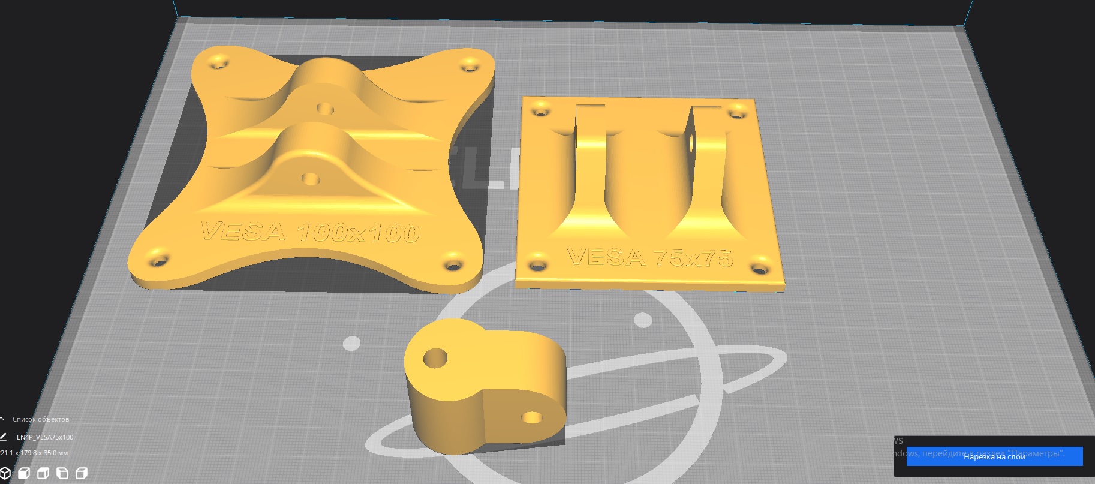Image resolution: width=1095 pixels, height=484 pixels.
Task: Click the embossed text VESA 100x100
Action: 309,232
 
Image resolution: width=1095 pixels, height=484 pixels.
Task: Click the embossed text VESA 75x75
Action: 649,257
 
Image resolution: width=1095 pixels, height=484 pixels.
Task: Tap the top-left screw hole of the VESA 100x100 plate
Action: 219,62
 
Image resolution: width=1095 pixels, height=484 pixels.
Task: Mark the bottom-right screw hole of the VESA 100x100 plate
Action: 452,264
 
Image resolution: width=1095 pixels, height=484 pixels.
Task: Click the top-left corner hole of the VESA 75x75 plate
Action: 541,110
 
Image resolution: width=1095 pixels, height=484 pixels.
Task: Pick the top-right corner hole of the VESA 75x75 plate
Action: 738,111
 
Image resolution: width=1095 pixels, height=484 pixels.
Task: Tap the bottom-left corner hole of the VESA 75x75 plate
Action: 537,263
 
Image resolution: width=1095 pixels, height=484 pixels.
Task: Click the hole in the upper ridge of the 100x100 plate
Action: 325,109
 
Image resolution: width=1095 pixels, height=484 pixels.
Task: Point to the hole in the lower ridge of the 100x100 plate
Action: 311,179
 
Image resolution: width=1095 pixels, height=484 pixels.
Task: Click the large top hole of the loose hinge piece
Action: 435,359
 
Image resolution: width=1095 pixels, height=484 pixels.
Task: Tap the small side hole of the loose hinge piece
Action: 531,417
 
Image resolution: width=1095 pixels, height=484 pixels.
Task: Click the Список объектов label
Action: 41,419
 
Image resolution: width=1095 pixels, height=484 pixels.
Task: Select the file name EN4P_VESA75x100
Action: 45,437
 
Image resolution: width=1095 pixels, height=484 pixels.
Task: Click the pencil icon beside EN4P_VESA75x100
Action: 4,437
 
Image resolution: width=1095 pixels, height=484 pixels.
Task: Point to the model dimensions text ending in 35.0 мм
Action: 35,453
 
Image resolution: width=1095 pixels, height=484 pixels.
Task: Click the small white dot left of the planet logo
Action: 351,344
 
